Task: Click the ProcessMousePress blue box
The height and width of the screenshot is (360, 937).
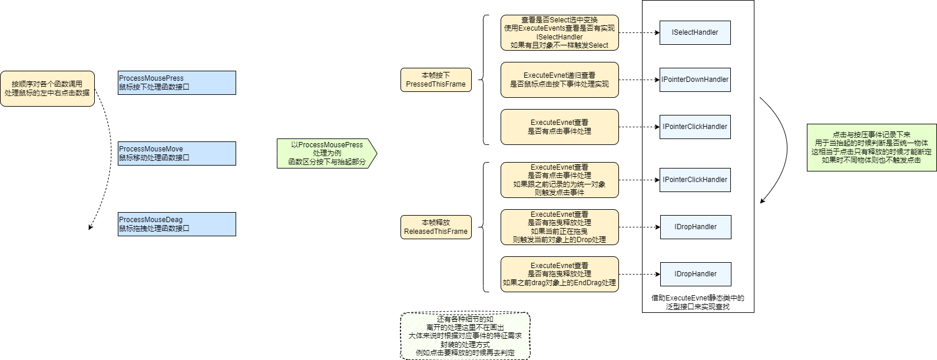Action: click(177, 82)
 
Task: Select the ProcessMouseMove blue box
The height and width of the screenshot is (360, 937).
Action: click(177, 153)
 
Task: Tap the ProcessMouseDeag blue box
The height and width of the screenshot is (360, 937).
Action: click(177, 224)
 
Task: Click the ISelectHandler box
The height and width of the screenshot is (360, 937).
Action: click(695, 32)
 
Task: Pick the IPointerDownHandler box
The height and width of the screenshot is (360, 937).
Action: click(695, 80)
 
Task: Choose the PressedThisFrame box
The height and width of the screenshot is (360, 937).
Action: click(436, 80)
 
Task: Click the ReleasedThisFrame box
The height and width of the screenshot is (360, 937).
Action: click(436, 227)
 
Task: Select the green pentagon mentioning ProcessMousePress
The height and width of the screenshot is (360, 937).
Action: click(326, 153)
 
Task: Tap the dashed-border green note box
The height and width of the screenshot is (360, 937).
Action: click(465, 336)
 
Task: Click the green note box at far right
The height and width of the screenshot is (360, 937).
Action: click(871, 147)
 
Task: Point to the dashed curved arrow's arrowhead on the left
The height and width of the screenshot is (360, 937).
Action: click(90, 227)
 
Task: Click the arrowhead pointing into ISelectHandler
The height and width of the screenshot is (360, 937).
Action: click(657, 32)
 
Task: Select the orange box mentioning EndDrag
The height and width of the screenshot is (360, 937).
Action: click(559, 274)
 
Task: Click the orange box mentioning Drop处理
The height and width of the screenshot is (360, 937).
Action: click(559, 227)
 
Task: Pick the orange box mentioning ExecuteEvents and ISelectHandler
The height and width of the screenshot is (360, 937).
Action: click(559, 32)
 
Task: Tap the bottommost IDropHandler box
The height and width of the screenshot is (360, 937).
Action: click(695, 274)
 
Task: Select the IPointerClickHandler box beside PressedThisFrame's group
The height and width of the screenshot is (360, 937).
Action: click(695, 127)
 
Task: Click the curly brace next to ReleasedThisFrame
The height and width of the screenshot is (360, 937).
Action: click(484, 227)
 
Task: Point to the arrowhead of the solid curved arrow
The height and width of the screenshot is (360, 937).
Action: click(762, 201)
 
